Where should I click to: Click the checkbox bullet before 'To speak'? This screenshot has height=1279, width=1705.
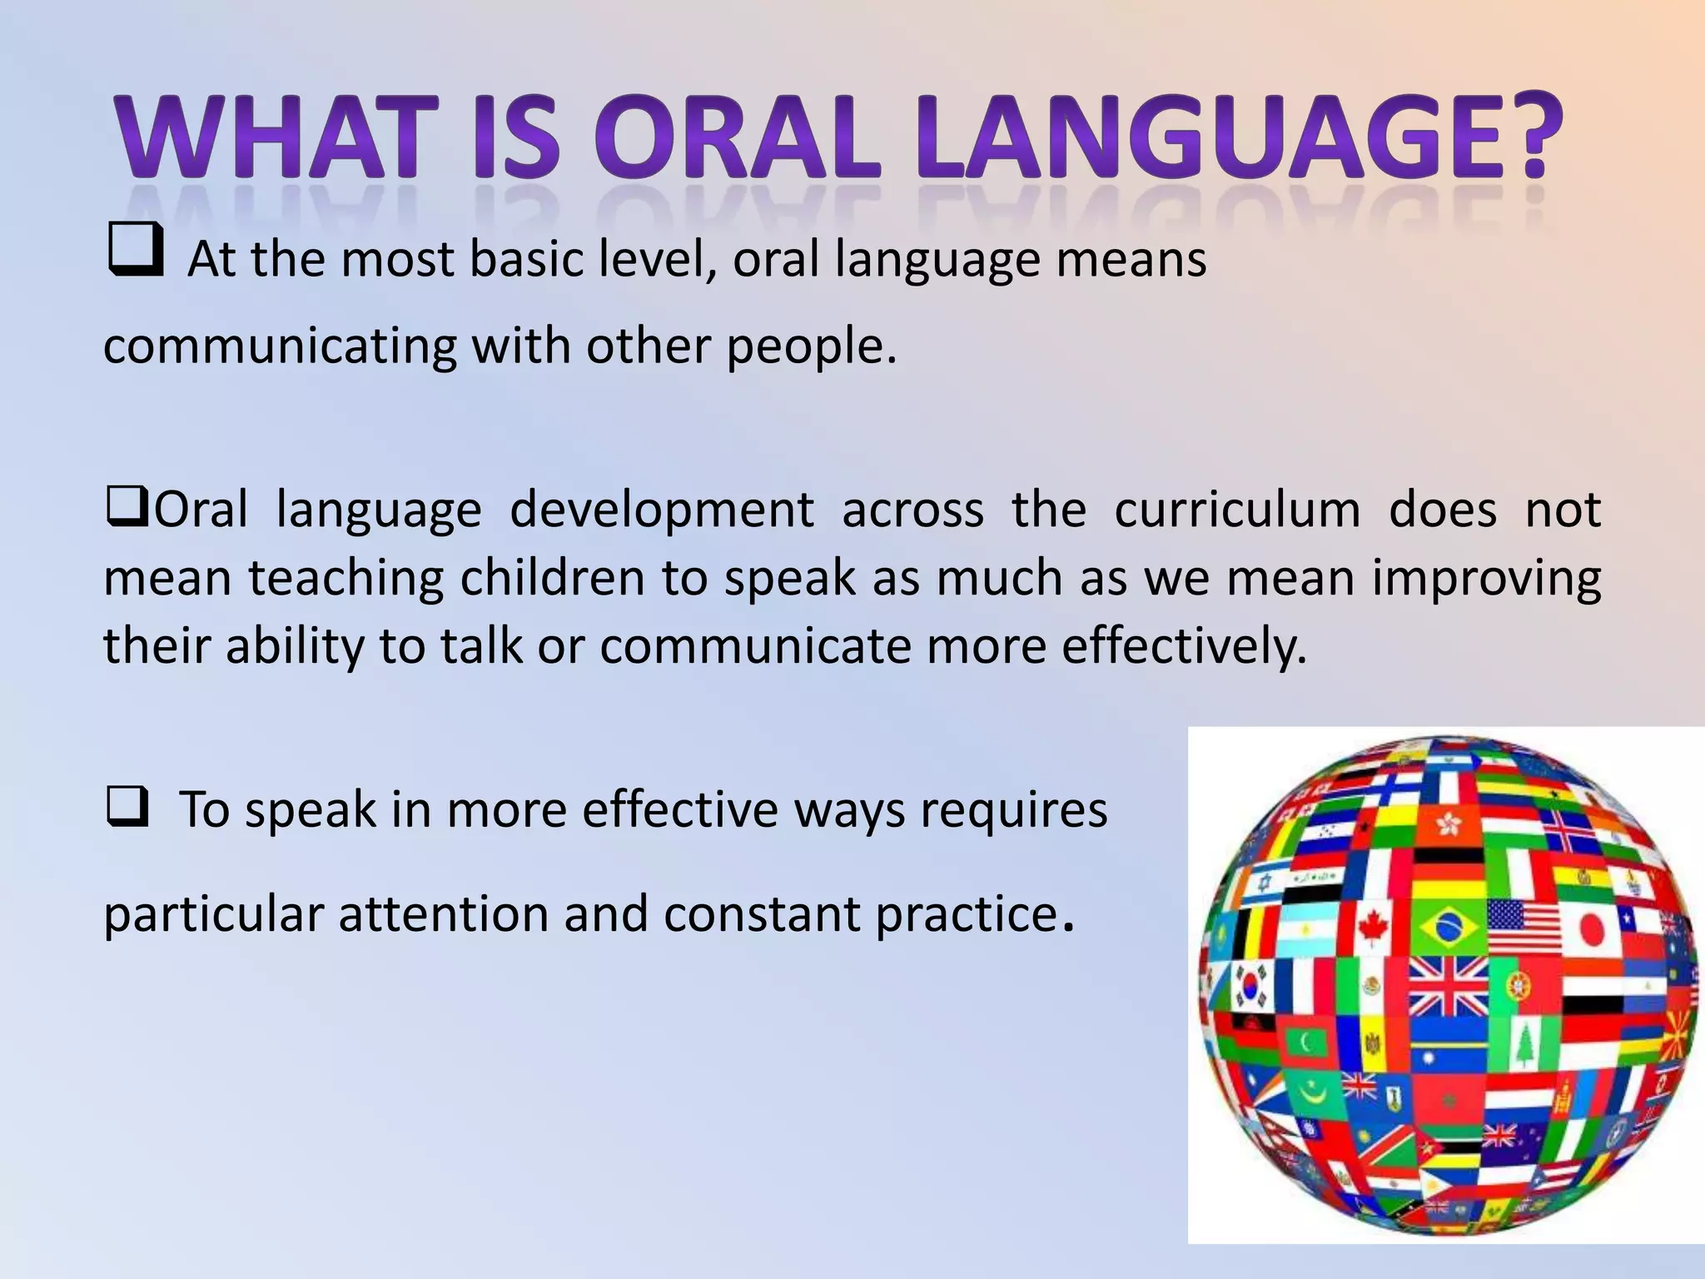127,807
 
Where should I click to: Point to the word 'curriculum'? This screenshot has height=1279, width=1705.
1237,510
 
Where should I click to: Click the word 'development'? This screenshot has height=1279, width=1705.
661,510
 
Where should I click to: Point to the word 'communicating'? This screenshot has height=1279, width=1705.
280,346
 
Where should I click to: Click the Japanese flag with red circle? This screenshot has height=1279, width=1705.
1591,928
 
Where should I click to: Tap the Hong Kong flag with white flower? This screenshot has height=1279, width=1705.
1448,825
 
